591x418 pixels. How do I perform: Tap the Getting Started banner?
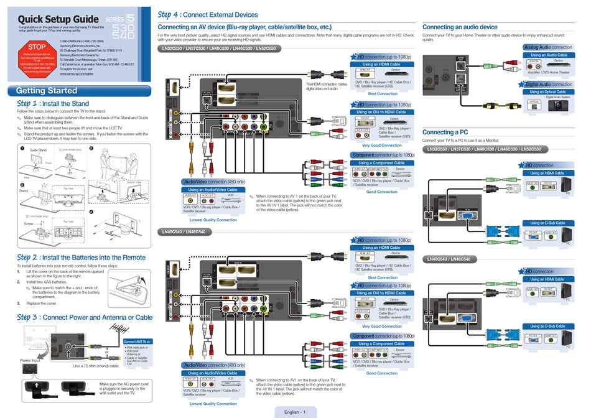[47, 91]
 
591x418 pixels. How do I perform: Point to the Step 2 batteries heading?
[81, 258]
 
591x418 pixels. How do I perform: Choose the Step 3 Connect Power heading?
[85, 317]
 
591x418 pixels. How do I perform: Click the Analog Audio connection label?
[547, 47]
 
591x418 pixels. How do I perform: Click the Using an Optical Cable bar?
[548, 91]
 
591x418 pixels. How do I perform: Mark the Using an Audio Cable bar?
[548, 55]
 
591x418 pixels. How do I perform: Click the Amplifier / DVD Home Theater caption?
[548, 72]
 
